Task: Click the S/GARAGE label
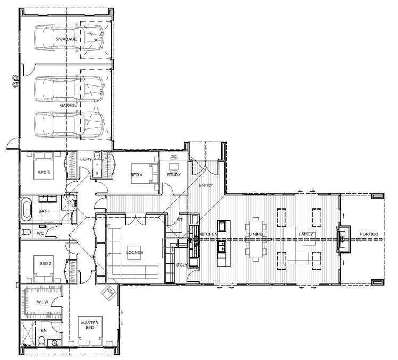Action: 66,39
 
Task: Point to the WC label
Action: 41,233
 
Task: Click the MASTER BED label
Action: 87,325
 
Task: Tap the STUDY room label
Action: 174,175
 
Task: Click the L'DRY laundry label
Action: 86,159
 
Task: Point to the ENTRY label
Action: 206,186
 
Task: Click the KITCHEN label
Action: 208,234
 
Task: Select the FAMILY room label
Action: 306,234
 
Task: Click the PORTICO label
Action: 369,234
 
